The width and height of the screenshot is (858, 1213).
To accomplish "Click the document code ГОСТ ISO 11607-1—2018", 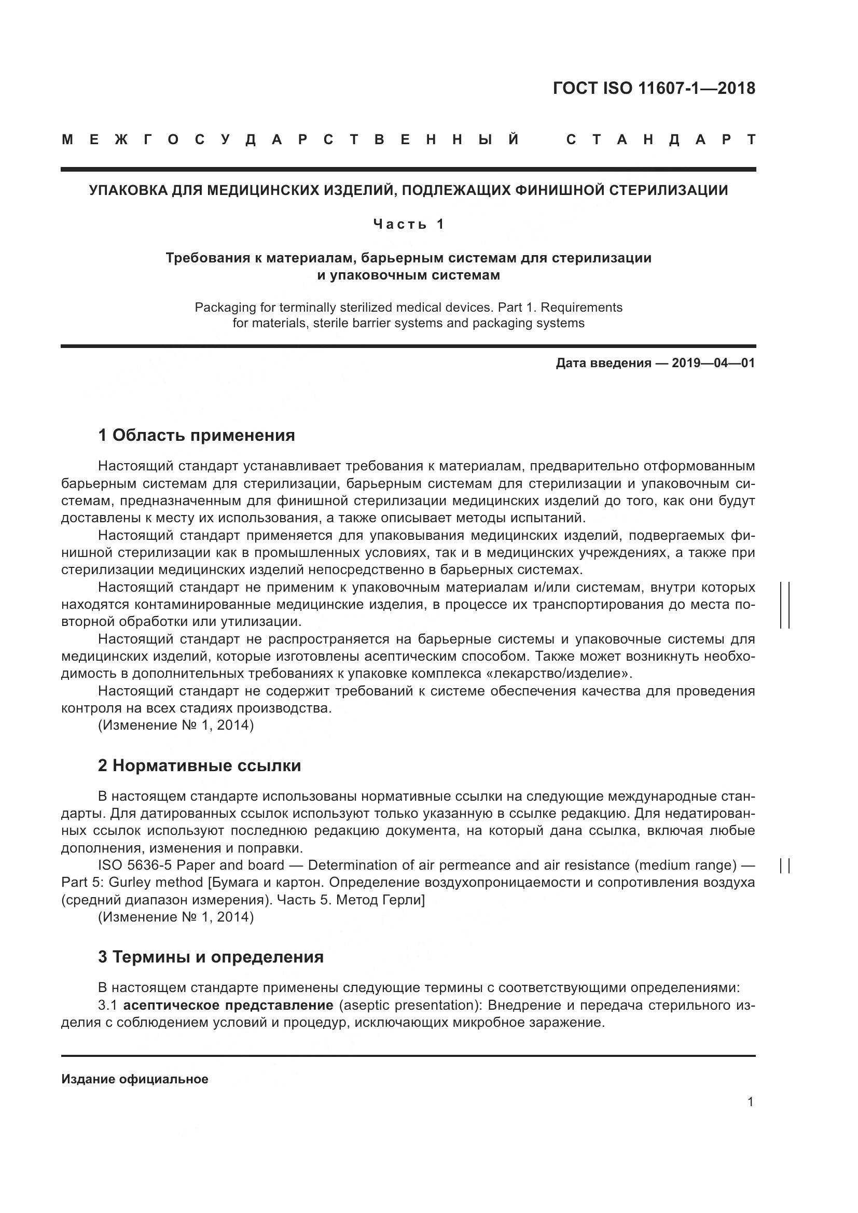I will click(x=654, y=88).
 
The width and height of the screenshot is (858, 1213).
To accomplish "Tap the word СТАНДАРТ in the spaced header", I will click(x=661, y=140).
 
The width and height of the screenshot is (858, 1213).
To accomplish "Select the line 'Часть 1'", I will click(x=408, y=225).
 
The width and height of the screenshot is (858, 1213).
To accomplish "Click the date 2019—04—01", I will click(x=713, y=363).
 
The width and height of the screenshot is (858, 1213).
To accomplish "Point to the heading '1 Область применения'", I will click(x=196, y=435).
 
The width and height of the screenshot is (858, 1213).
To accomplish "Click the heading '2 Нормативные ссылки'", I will click(x=199, y=765).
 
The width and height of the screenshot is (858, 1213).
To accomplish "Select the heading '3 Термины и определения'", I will click(x=210, y=957).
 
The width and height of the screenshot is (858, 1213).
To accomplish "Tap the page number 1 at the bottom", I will click(x=750, y=1102).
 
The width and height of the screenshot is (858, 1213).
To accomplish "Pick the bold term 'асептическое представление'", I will click(x=228, y=1005).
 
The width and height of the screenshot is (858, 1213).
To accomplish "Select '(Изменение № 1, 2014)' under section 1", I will click(x=176, y=726).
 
